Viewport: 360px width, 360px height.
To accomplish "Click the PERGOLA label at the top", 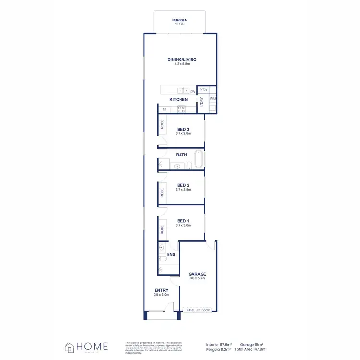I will (x=179, y=20).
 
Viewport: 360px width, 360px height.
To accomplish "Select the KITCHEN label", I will (x=179, y=100).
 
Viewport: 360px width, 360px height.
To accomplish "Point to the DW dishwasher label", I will (x=192, y=91).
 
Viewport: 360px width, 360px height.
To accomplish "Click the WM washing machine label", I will (x=213, y=99).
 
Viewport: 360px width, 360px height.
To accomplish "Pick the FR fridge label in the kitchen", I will (x=164, y=110).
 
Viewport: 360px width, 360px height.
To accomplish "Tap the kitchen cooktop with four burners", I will (x=182, y=109).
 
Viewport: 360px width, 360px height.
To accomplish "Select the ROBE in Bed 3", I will (x=162, y=124).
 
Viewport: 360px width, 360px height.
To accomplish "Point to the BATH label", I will (x=181, y=155).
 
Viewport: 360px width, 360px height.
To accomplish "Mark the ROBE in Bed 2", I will (x=162, y=193).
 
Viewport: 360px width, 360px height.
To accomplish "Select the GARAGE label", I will (x=197, y=274).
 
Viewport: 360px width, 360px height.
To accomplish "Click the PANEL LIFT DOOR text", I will (x=198, y=310).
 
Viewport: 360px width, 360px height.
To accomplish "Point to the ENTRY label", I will (x=161, y=290).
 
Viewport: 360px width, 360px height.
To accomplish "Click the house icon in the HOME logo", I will (x=70, y=347).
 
